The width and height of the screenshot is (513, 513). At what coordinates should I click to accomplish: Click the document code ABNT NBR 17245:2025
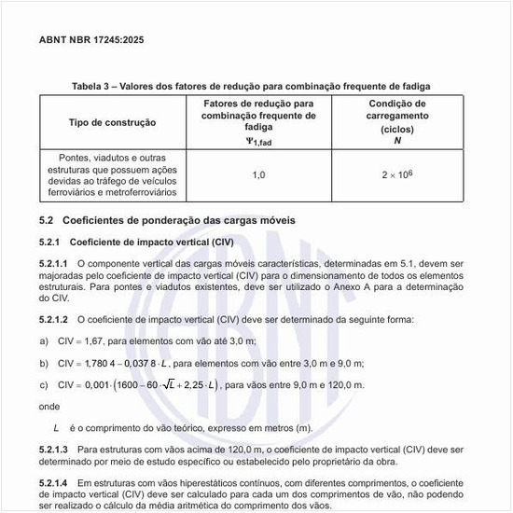[91, 41]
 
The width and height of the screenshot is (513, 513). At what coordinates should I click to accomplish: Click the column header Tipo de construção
[113, 122]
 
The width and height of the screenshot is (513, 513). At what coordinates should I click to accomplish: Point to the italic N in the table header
[397, 141]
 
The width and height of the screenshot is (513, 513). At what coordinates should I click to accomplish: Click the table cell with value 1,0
[259, 174]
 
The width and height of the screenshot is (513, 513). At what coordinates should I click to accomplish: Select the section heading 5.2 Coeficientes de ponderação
[167, 221]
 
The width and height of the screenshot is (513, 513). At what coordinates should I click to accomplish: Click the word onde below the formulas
[49, 406]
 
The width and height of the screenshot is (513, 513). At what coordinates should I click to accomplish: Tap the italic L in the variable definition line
[57, 427]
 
